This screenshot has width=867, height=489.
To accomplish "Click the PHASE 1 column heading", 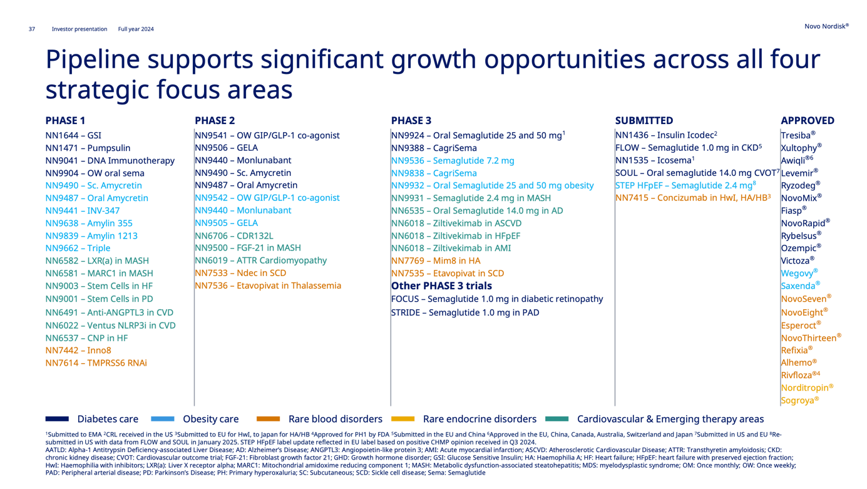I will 65,120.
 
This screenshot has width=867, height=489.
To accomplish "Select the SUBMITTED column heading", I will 644,120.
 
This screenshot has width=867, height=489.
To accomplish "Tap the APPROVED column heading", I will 807,120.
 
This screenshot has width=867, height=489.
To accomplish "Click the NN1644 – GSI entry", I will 73,135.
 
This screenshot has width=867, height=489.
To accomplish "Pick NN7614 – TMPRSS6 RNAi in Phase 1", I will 96,363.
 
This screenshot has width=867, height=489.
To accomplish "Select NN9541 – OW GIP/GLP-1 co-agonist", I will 267,135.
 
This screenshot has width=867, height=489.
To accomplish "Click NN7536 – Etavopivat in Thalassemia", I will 267,286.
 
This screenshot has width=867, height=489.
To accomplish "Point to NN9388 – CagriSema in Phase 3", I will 434,148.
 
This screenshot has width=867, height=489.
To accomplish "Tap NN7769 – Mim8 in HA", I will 436,260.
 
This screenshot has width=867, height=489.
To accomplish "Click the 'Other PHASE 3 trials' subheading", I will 441,286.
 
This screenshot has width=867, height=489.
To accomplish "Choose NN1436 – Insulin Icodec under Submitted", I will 665,135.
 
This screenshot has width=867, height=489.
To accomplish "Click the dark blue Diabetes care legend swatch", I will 57,419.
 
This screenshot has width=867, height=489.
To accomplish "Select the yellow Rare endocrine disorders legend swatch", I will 403,419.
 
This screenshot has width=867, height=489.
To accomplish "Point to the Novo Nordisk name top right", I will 826,26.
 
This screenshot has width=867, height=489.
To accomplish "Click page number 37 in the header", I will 31,29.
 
